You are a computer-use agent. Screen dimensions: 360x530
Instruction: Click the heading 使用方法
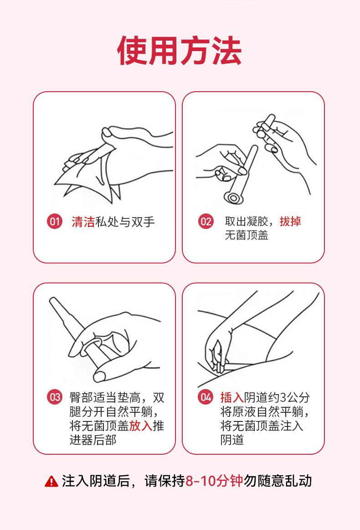[x=180, y=51]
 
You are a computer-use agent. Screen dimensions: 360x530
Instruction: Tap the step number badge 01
[x=54, y=222]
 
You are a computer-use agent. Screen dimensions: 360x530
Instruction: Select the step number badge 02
[x=206, y=222]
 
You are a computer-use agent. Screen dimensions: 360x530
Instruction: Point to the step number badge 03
[x=54, y=397]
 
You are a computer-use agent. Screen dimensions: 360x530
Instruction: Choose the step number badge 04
[x=206, y=397]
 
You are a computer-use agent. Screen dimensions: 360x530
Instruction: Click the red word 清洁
[x=83, y=222]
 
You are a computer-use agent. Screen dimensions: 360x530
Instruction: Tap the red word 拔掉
[x=290, y=221]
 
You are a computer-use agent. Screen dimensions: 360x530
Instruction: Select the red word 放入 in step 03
[x=140, y=426]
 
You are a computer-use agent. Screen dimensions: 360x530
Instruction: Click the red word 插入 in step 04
[x=232, y=397]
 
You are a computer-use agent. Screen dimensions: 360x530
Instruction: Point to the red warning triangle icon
[x=51, y=481]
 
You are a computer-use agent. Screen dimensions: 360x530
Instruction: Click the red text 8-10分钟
[x=214, y=481]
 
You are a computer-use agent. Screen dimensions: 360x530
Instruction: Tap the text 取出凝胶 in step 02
[x=247, y=221]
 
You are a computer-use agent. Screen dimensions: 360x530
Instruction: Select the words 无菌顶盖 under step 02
[x=247, y=235]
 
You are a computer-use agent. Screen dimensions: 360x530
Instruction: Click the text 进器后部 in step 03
[x=93, y=440]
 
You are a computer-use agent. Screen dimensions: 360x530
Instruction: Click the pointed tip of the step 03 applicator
[x=52, y=300]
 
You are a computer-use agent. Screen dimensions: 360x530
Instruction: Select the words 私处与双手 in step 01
[x=125, y=222]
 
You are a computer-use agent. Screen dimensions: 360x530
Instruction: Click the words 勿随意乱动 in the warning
[x=278, y=481]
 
